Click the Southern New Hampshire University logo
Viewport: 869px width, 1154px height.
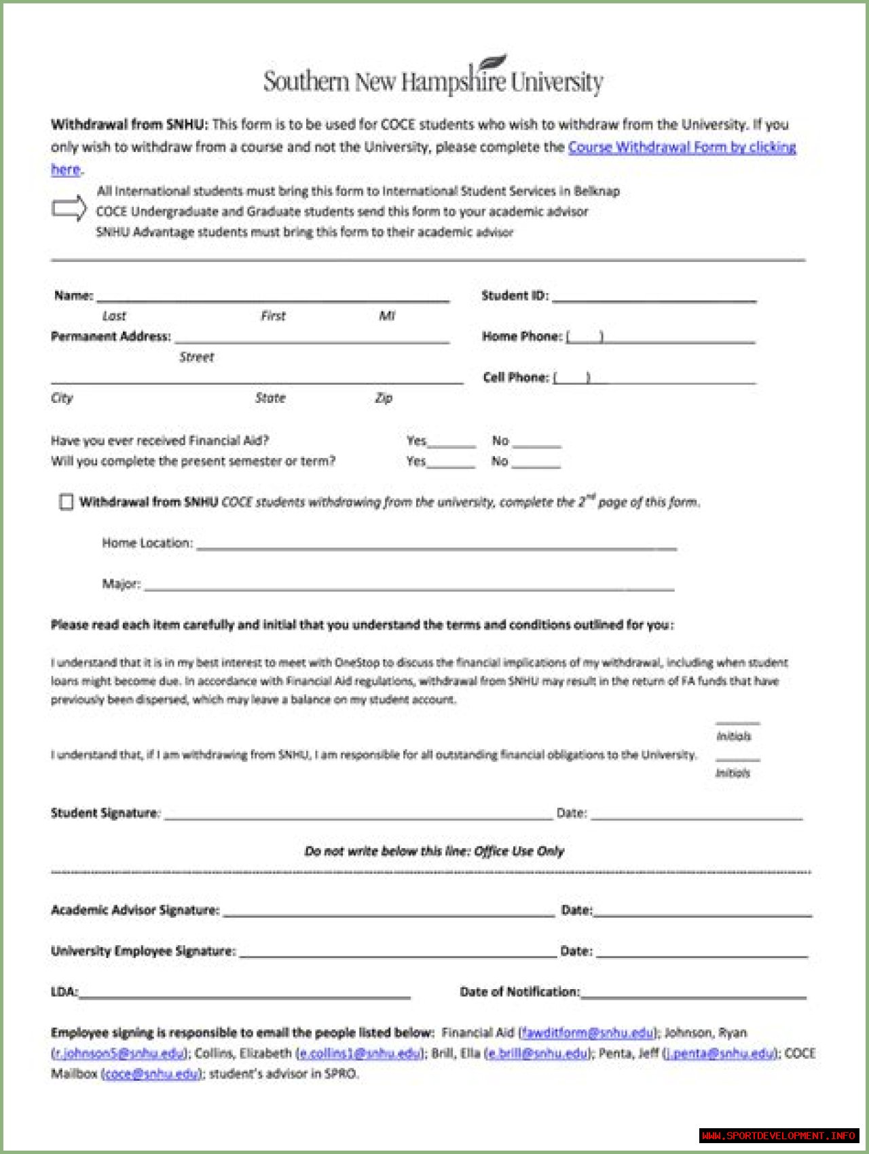(x=433, y=78)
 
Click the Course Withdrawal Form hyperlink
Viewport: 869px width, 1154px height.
(x=682, y=147)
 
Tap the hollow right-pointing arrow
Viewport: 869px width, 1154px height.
(x=69, y=208)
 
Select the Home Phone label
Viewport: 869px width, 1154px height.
(x=522, y=336)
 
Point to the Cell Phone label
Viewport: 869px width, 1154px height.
(x=516, y=377)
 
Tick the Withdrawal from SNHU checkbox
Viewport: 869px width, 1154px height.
(x=66, y=502)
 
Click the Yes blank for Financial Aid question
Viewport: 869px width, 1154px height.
(x=451, y=444)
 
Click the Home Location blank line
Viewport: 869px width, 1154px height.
(x=436, y=545)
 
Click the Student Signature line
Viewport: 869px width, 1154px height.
(x=358, y=815)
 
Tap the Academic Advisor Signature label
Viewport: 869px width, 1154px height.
(x=135, y=910)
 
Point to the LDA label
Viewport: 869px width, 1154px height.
(x=64, y=992)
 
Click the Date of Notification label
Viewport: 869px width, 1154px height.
(x=519, y=992)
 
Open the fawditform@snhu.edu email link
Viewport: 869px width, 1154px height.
(x=587, y=1033)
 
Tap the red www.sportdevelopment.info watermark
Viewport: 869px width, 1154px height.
(x=779, y=1136)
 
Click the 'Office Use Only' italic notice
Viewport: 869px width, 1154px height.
(x=434, y=851)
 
